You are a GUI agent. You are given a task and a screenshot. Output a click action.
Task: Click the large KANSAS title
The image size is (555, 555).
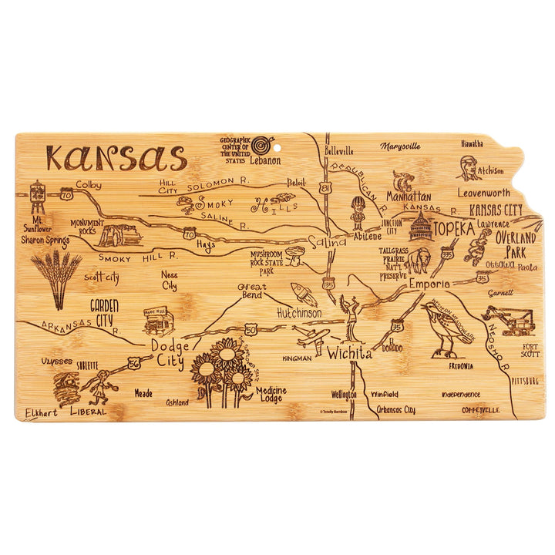point(116,158)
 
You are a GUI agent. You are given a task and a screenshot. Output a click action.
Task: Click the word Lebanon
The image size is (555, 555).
point(264,161)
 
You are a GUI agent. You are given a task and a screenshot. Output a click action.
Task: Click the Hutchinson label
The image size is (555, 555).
point(299,314)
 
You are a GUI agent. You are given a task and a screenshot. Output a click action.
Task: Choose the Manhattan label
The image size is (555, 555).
point(409,197)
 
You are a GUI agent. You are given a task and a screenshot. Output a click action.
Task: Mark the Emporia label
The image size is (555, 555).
point(429,284)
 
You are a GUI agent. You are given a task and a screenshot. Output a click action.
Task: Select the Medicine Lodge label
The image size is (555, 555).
point(271,395)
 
